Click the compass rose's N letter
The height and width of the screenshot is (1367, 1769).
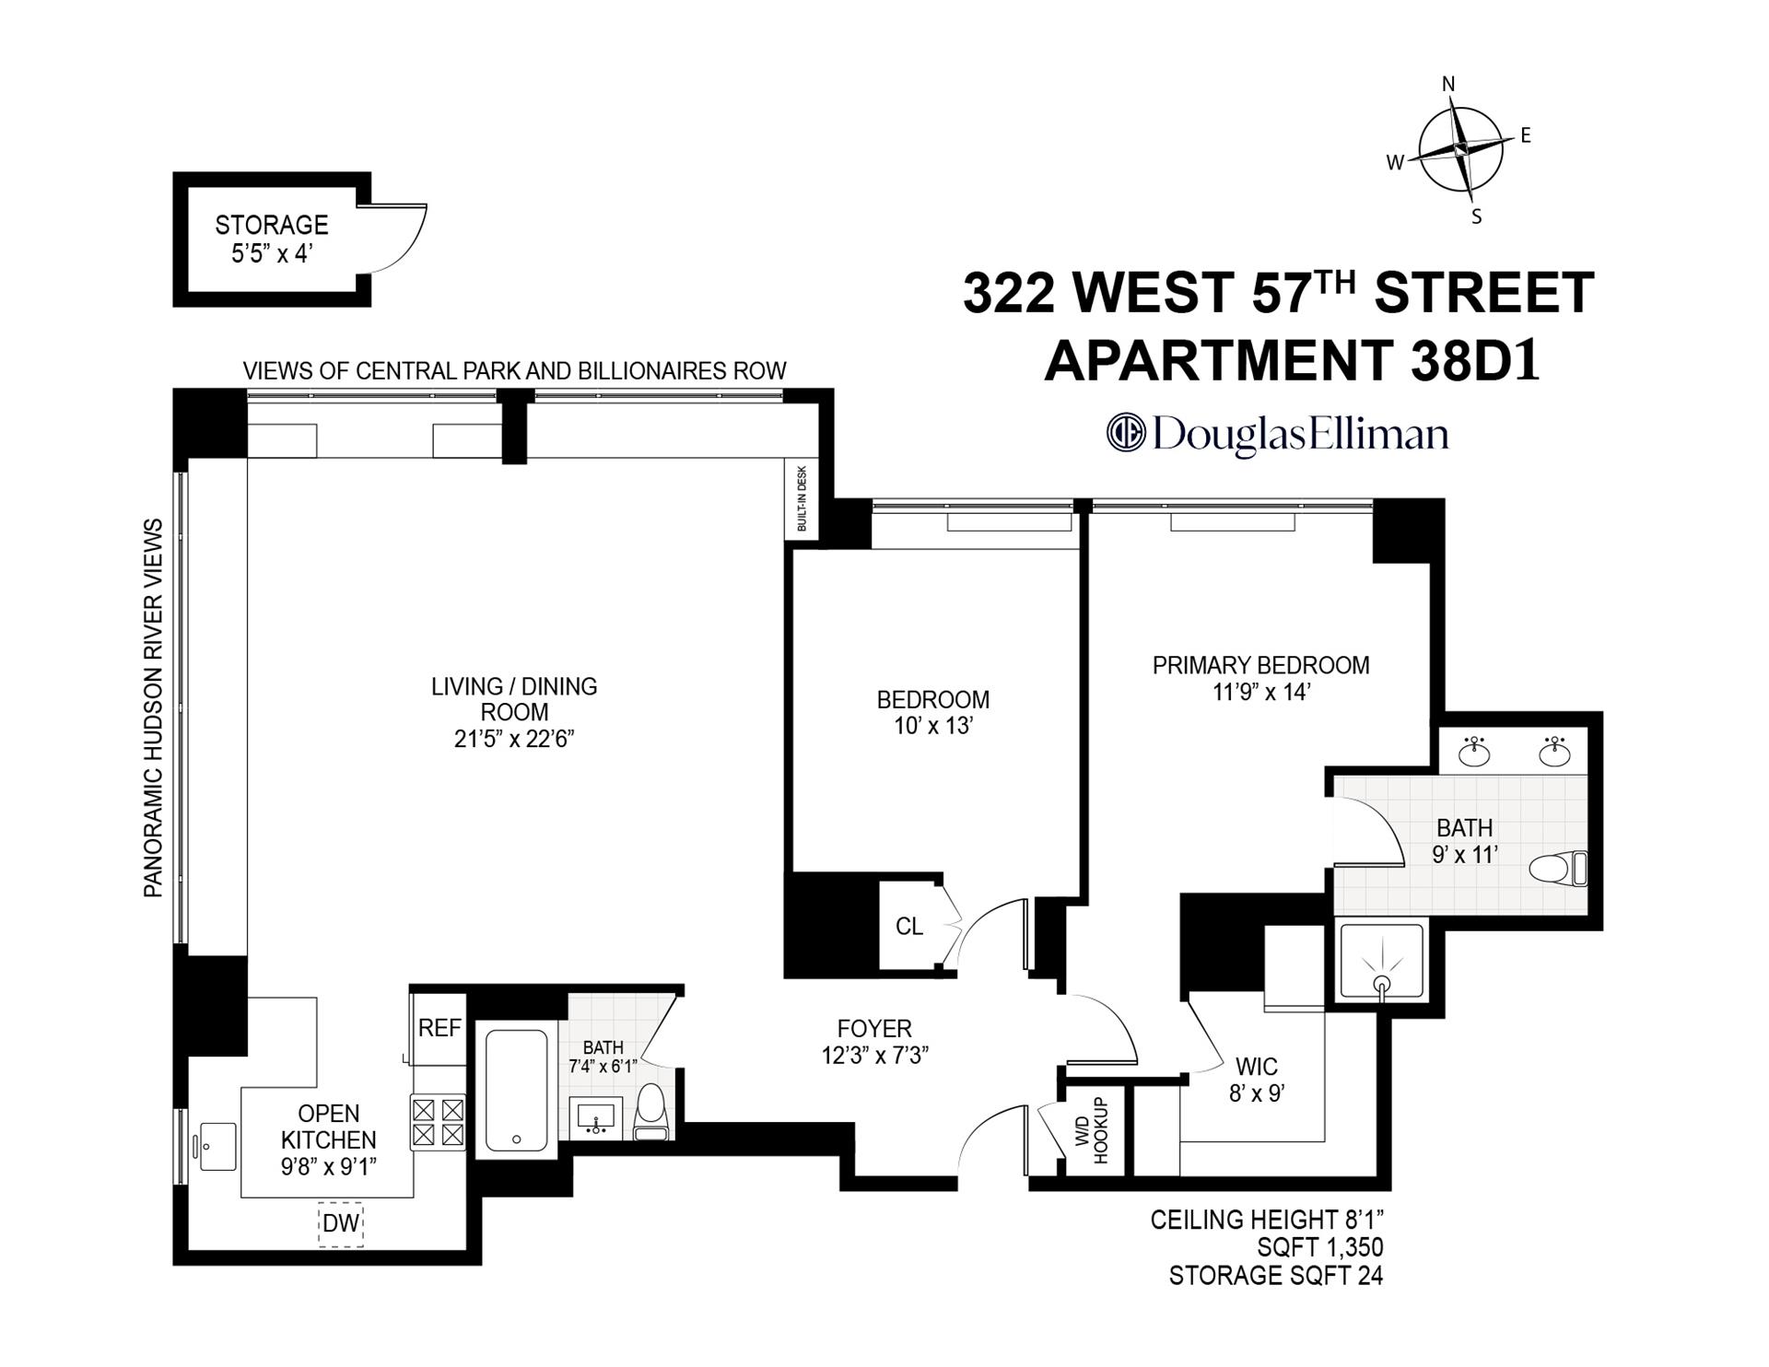click(1448, 85)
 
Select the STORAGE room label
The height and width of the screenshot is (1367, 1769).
click(272, 225)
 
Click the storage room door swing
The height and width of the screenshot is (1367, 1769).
click(401, 238)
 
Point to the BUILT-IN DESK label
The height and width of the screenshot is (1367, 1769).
click(802, 498)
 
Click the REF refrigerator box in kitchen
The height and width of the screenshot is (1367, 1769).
click(439, 1028)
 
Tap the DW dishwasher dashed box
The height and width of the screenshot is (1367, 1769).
click(340, 1224)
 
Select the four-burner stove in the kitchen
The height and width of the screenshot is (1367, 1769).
click(438, 1121)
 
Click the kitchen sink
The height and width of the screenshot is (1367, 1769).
click(218, 1146)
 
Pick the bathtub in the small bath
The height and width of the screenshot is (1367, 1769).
click(516, 1090)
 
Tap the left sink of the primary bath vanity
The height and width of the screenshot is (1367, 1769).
click(1475, 752)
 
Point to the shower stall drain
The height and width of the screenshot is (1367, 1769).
click(1381, 983)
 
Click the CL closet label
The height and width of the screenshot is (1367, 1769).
click(909, 926)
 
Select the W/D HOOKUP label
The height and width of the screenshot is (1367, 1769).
click(1092, 1130)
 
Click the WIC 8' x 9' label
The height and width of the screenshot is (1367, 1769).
click(1256, 1080)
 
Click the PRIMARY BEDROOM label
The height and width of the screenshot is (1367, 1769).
click(1260, 665)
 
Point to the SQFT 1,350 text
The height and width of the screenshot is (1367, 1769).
click(1319, 1247)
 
